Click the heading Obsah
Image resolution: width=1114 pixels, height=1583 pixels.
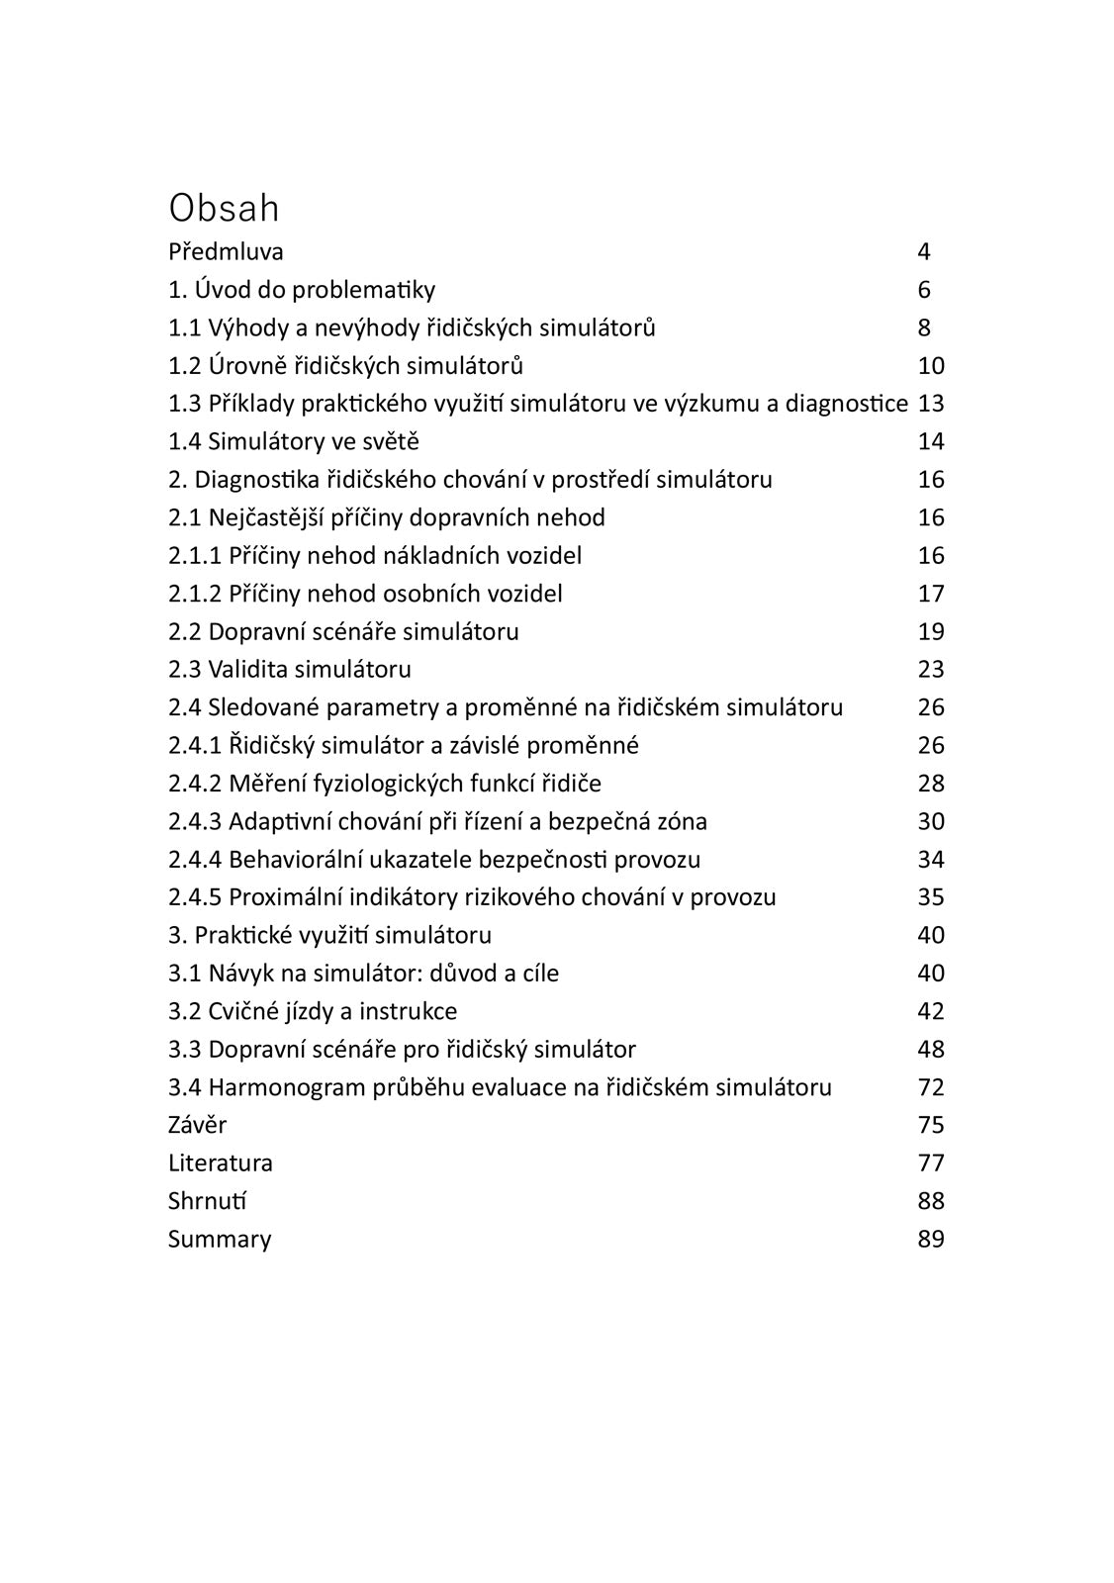point(224,208)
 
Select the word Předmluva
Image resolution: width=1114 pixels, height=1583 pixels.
point(226,251)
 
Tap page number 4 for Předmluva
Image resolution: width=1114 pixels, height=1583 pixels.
point(924,251)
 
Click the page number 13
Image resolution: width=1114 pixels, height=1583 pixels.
point(931,404)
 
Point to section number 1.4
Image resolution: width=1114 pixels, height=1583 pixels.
point(185,441)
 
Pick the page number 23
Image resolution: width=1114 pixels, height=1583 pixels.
point(931,670)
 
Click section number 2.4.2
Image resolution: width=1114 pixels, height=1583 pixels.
point(195,784)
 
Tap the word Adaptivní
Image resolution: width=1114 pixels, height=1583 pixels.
point(279,821)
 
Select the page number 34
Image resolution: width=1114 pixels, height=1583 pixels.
point(931,860)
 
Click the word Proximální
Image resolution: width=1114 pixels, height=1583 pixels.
point(285,897)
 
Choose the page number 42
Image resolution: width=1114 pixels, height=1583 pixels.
point(931,1011)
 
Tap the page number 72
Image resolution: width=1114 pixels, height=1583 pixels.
point(931,1087)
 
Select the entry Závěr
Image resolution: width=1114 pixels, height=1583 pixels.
point(197,1125)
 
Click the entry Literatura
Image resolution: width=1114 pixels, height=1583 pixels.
point(220,1164)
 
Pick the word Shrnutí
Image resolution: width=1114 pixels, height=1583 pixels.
point(207,1201)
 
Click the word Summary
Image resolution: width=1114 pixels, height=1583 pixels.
point(219,1240)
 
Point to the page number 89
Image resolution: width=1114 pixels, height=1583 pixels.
point(931,1240)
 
